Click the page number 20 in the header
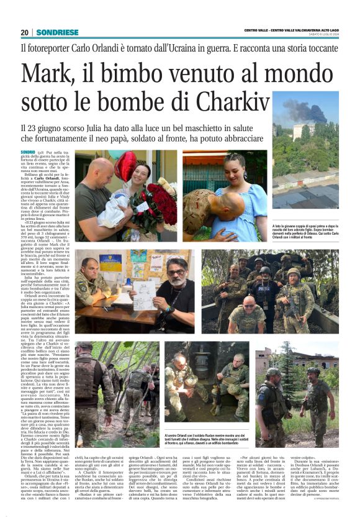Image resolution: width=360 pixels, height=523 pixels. point(25,32)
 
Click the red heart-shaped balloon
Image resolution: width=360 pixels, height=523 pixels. point(126,165)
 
